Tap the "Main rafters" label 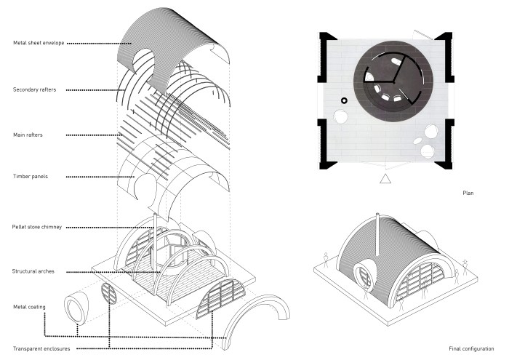[30, 135]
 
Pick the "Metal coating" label [29, 307]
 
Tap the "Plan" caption [468, 193]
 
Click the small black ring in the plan [345, 100]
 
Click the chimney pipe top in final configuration [377, 215]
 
